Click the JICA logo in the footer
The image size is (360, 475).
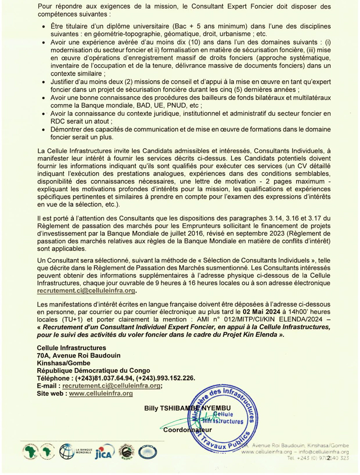106,450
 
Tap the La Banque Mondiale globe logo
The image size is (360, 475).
67,449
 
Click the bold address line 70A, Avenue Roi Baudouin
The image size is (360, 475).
75,356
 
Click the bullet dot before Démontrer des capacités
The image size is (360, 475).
42,130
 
